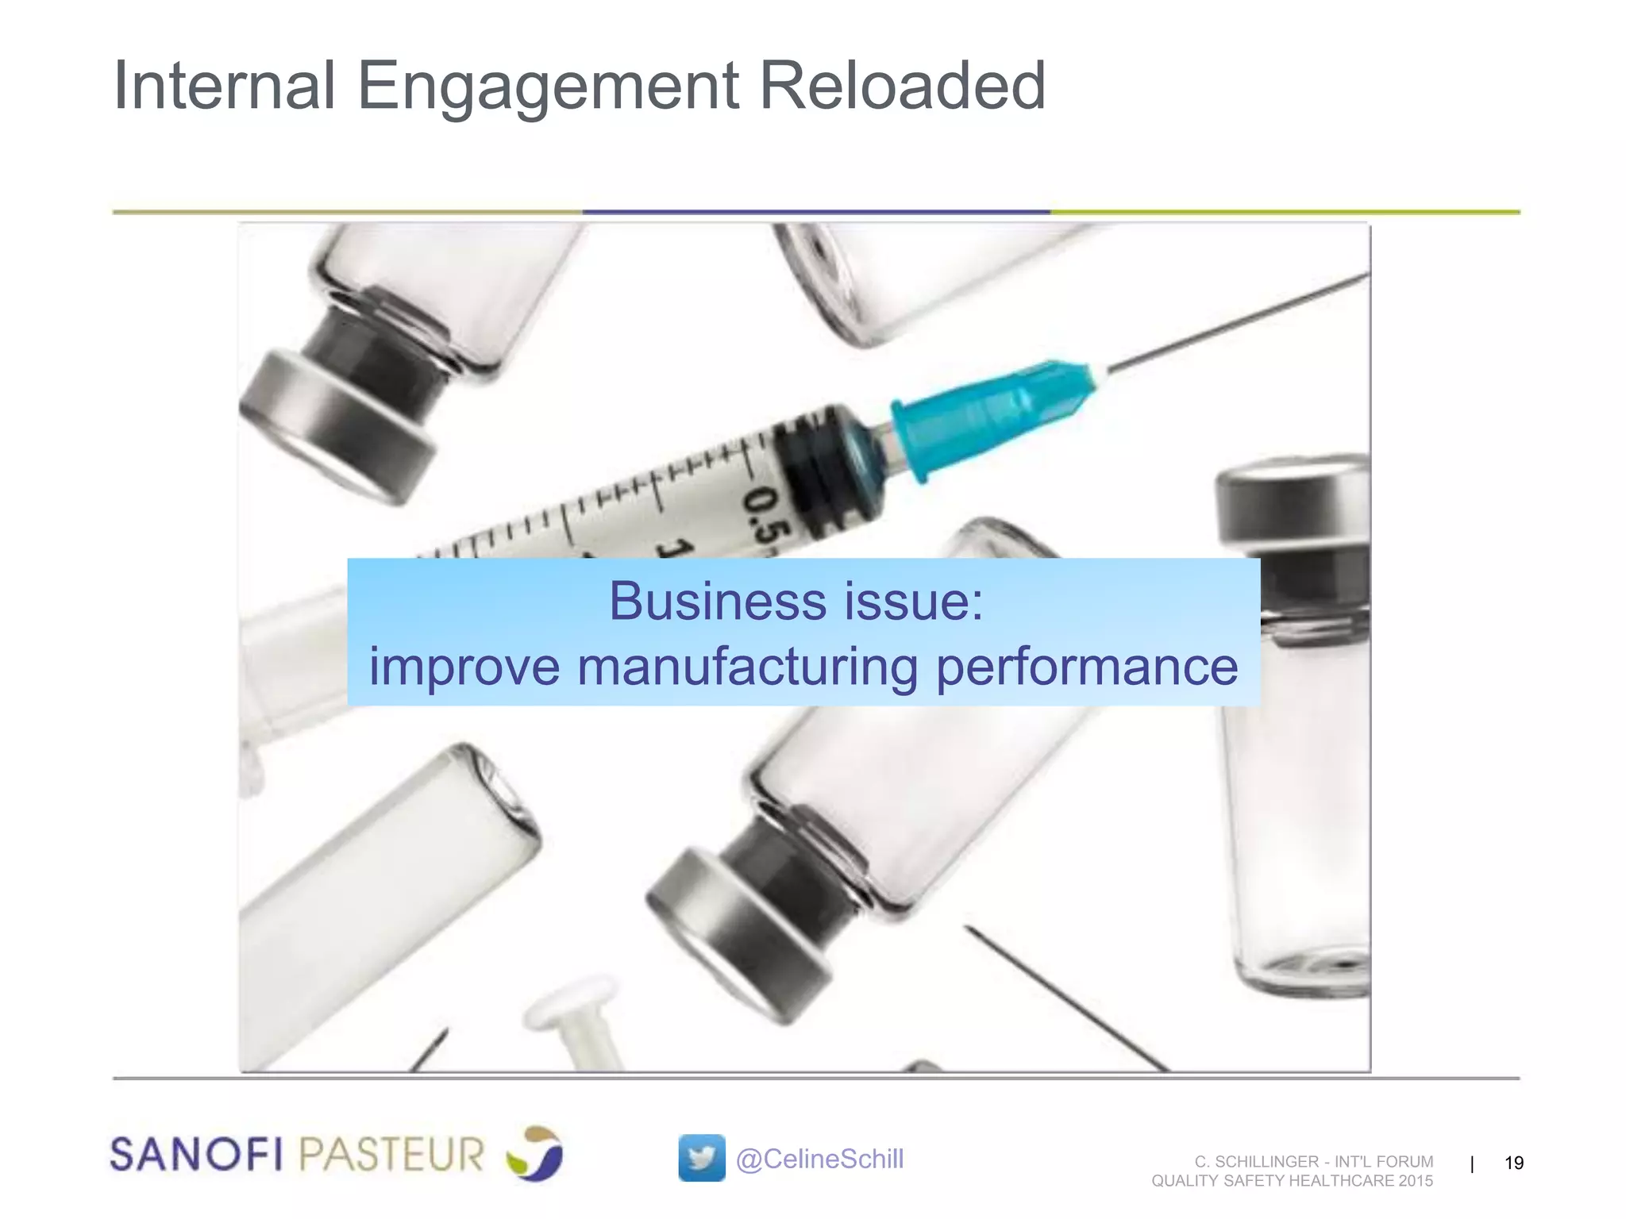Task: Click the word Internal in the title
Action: tap(225, 86)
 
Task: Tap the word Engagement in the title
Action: tap(549, 87)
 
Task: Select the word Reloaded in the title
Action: tap(903, 86)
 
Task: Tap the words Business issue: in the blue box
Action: tap(796, 601)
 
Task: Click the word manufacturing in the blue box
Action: tap(747, 667)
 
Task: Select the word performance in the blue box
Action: tap(1087, 667)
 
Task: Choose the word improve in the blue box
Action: tap(464, 667)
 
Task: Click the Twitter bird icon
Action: tap(701, 1158)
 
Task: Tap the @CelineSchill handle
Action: tap(819, 1159)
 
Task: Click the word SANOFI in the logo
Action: tap(196, 1154)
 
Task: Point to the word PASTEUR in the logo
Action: tap(391, 1154)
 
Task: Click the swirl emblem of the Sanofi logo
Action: tap(534, 1153)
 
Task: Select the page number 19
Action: tap(1514, 1163)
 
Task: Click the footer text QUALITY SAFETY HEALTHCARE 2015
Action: tap(1292, 1181)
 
